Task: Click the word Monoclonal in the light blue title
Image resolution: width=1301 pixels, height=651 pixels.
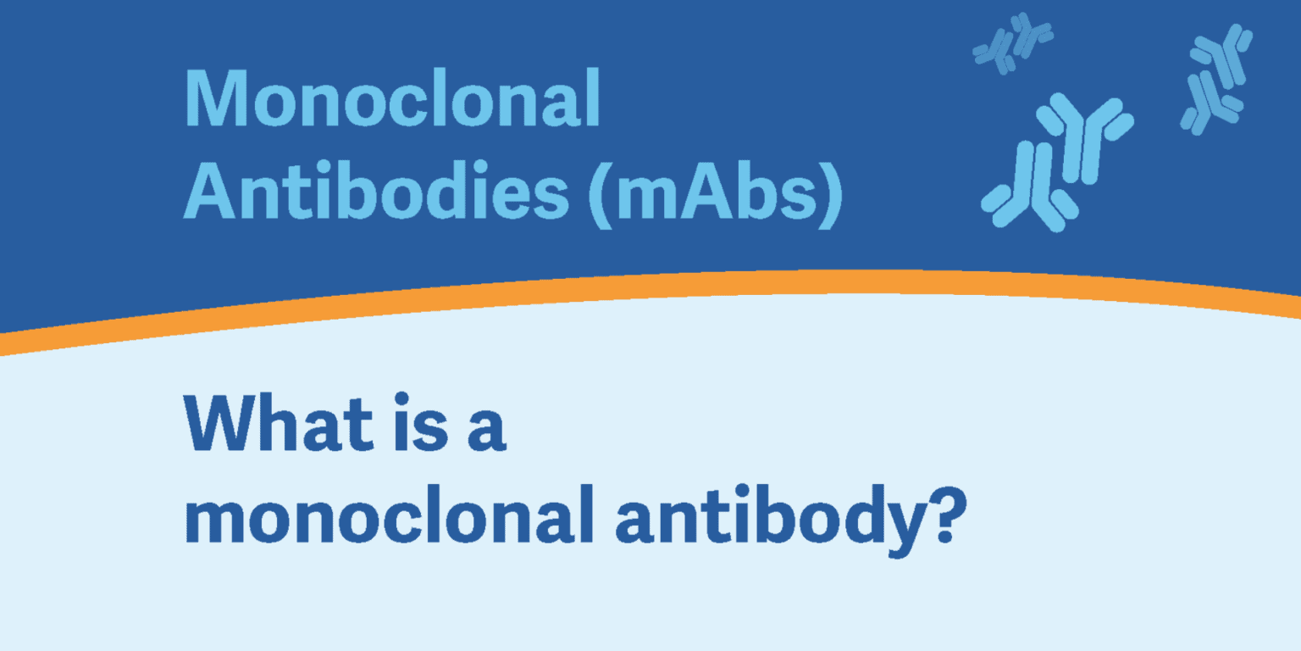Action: point(393,97)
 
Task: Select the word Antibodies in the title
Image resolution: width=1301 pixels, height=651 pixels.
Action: point(376,190)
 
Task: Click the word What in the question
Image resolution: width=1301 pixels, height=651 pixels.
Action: point(279,423)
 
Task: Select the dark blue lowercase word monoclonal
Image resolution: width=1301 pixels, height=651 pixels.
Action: point(389,515)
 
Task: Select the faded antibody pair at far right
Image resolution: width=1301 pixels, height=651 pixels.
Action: point(1217,80)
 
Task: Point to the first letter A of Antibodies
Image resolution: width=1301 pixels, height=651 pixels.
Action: point(210,191)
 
